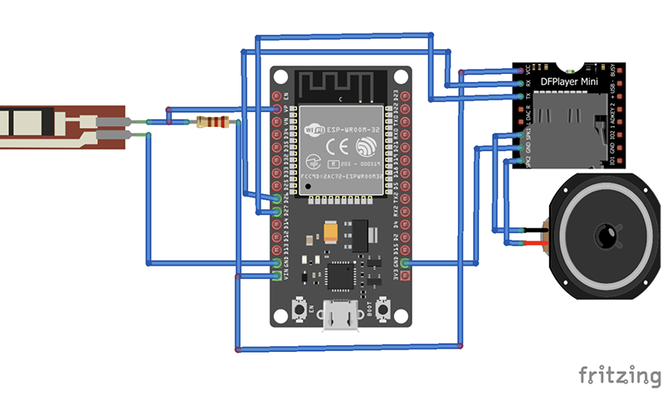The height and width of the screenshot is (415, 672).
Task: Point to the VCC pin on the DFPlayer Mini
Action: click(525, 71)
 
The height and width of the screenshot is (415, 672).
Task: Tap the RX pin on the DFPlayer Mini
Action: click(525, 84)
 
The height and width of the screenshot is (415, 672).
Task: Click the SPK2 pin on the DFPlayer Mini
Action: click(525, 161)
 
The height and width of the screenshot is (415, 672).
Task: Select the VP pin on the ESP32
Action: click(277, 109)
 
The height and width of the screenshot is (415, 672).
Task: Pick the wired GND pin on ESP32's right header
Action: click(405, 263)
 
